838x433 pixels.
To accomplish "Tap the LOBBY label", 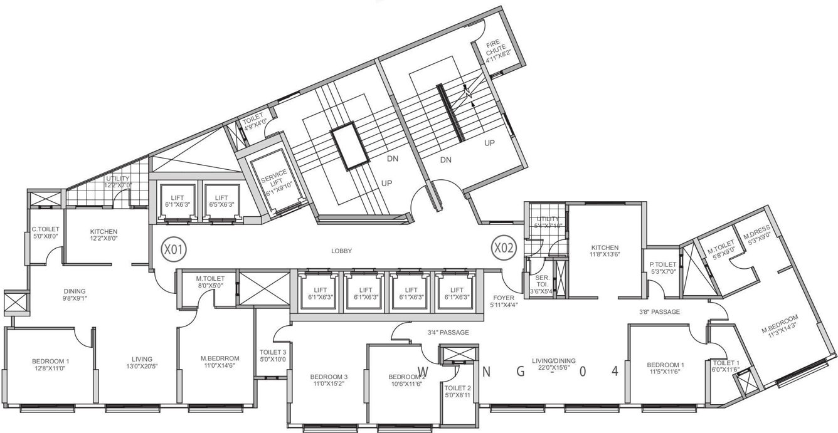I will coord(341,251).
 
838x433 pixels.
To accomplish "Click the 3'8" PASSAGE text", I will coord(659,311).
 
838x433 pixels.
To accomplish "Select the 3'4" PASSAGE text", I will coord(448,333).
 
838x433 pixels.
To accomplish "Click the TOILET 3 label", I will coord(272,355).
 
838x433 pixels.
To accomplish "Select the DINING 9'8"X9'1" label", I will coord(75,295).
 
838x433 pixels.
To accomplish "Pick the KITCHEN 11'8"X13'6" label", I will coord(604,251).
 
